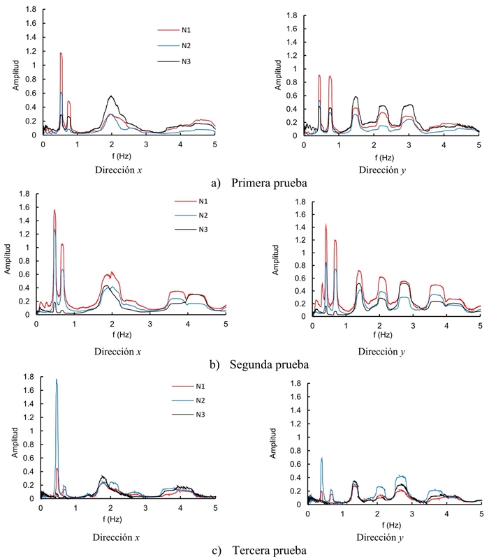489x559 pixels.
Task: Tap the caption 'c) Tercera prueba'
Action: click(263, 550)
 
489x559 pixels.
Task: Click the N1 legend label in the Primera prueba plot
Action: click(188, 31)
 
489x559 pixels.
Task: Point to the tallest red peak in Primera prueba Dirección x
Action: click(61, 54)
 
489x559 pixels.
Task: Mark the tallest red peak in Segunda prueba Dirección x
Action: click(54, 210)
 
